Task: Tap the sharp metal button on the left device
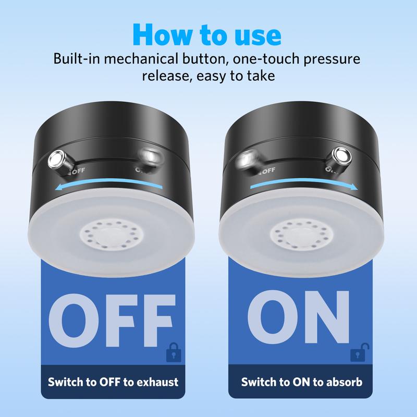(56, 159)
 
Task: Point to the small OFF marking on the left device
(77, 169)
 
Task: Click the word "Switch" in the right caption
(259, 382)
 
